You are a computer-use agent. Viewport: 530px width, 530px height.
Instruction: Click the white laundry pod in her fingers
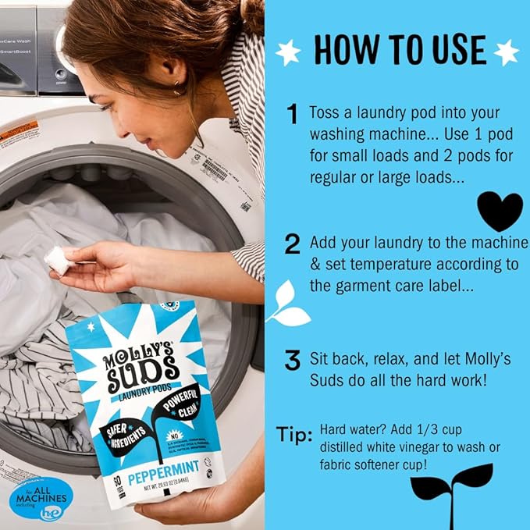(x=57, y=261)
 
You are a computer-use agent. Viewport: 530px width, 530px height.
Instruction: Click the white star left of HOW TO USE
(x=289, y=52)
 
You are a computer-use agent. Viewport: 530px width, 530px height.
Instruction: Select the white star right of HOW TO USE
(x=506, y=52)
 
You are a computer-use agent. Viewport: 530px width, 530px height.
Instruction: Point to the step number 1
(x=292, y=116)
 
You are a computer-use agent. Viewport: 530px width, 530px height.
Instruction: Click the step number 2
(x=293, y=244)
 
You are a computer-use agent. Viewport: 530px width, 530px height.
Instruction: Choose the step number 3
(x=293, y=361)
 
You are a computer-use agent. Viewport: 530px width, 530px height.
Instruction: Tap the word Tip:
(x=294, y=435)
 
